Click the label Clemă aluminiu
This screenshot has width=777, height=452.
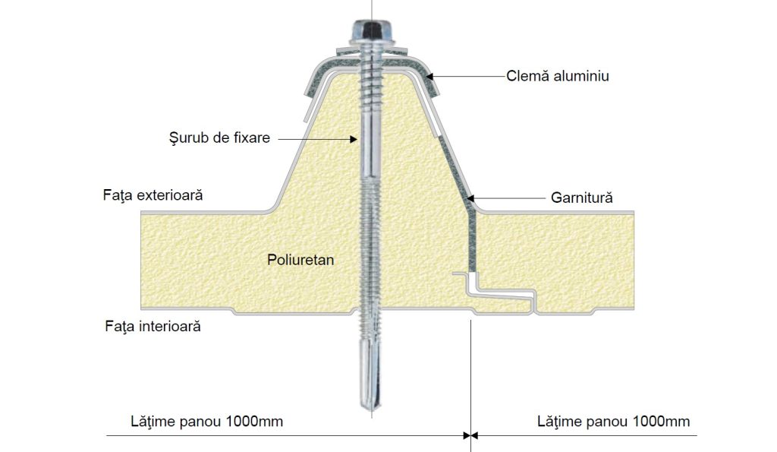click(x=558, y=76)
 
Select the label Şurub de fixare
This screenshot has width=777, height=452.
click(x=219, y=138)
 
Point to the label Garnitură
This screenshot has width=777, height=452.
click(x=582, y=198)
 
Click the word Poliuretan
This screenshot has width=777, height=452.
click(x=300, y=260)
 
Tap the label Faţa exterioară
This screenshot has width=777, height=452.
click(x=153, y=195)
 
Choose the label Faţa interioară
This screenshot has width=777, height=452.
click(x=153, y=326)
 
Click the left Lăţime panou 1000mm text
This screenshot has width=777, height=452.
click(x=206, y=422)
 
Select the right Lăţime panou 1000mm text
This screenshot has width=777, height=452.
click(x=613, y=422)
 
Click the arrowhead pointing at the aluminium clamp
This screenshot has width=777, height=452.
click(x=429, y=77)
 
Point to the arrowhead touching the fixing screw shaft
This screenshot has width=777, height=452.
click(x=354, y=140)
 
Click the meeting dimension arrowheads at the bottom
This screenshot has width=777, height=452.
click(x=470, y=435)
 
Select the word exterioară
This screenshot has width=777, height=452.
click(x=170, y=195)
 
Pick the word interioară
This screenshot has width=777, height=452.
click(x=170, y=326)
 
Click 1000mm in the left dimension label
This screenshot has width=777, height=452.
click(x=254, y=422)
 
